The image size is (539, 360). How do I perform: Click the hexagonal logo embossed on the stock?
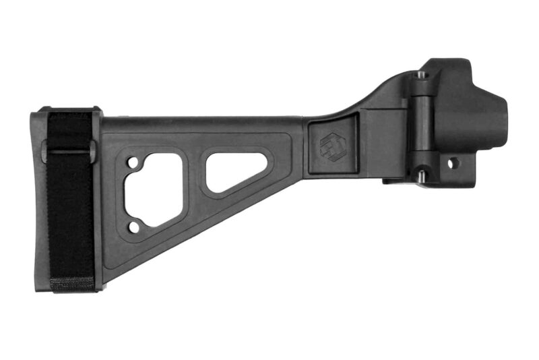(x=333, y=146)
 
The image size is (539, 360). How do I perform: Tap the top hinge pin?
(x=421, y=75)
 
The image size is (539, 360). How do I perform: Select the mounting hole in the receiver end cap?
(x=453, y=162)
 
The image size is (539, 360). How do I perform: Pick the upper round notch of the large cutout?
(x=135, y=162)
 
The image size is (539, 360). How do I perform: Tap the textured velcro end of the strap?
(x=72, y=283)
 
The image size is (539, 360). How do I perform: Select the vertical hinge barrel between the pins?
(x=420, y=125)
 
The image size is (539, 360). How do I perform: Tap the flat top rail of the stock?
(x=202, y=124)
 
